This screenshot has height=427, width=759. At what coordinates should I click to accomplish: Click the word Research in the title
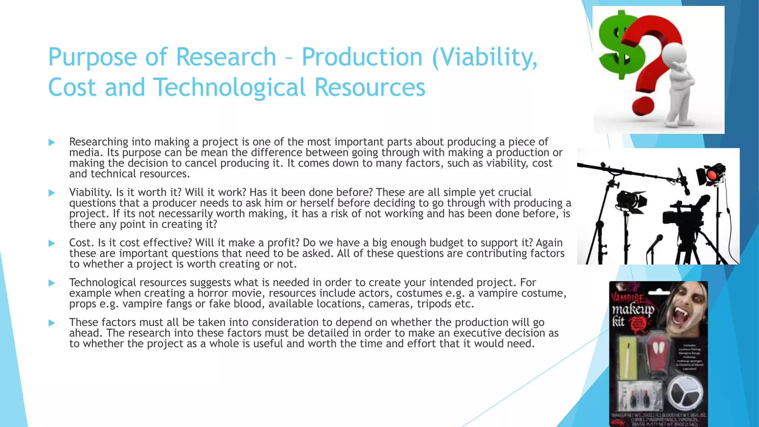(226, 57)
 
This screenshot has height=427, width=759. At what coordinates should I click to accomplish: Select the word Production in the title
(362, 57)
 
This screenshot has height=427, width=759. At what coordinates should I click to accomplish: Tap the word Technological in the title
(229, 87)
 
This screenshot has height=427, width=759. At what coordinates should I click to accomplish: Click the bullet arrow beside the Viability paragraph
(52, 193)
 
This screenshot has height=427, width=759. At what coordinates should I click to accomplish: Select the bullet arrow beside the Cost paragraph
(52, 243)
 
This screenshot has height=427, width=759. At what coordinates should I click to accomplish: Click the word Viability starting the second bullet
(90, 192)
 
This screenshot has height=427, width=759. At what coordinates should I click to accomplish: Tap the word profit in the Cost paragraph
(283, 243)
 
